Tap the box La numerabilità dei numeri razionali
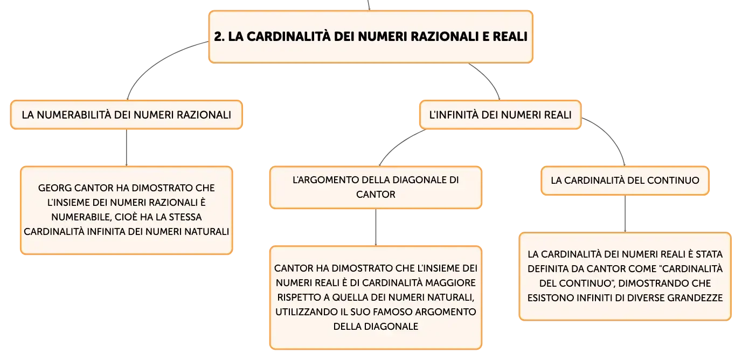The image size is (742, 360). tap(127, 115)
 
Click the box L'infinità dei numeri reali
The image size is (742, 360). tap(500, 115)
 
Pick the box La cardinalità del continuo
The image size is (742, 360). tap(625, 181)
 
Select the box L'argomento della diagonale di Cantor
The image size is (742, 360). tap(376, 188)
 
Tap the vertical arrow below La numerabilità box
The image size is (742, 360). tap(127, 148)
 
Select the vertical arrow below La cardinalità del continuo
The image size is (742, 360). tap(625, 214)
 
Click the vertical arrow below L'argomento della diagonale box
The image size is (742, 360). tap(376, 227)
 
